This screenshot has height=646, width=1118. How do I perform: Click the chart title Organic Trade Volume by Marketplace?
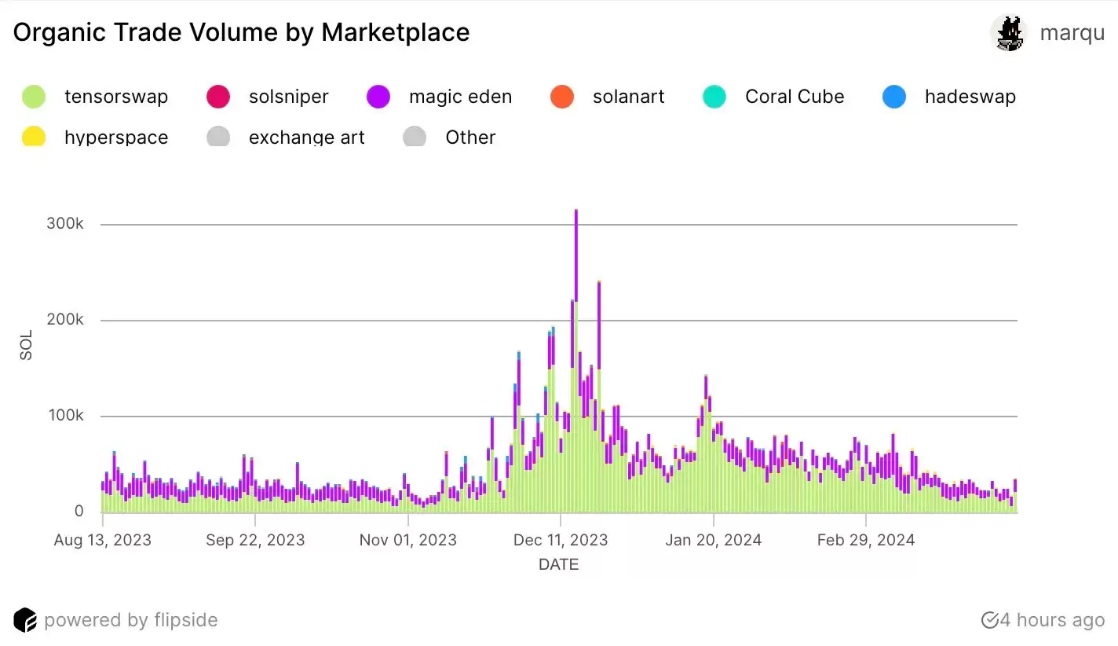[241, 32]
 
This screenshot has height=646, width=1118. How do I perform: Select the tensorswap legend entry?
[115, 97]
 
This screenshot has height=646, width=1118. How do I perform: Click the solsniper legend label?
[288, 97]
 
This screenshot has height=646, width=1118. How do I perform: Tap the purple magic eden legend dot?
[378, 97]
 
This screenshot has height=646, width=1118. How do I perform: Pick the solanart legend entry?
[628, 97]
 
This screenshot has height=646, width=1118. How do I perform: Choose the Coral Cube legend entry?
[795, 97]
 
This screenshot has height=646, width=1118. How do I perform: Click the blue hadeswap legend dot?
[894, 97]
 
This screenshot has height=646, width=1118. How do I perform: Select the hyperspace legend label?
[116, 138]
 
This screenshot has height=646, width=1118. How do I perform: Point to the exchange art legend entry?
[306, 138]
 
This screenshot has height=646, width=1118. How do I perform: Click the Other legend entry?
[470, 138]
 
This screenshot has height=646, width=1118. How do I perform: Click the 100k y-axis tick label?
[68, 416]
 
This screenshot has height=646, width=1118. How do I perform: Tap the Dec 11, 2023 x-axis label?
[561, 541]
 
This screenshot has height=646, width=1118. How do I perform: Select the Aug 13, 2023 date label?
[103, 541]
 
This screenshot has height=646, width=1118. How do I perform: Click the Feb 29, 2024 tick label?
[866, 541]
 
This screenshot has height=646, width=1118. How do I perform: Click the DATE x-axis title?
[559, 564]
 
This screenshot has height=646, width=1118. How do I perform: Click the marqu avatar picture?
[1009, 34]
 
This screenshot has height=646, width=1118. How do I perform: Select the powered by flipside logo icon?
[25, 620]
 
